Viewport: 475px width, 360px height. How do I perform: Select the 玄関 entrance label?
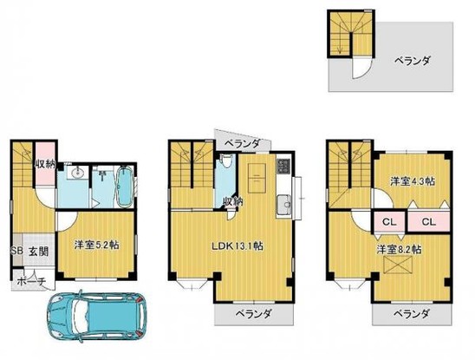pos(37,252)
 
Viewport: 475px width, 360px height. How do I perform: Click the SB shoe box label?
pos(15,252)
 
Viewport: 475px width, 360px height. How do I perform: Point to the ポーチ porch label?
pos(31,279)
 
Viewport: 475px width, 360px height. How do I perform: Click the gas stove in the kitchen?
pos(282,165)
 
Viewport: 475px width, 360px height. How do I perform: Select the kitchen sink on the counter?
pos(281,205)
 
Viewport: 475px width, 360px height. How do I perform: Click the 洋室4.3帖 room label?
pos(411,180)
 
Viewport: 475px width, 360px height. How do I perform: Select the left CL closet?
pos(387,220)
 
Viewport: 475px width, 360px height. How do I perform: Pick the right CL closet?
pos(427,220)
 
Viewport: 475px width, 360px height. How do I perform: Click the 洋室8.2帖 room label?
pos(400,249)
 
